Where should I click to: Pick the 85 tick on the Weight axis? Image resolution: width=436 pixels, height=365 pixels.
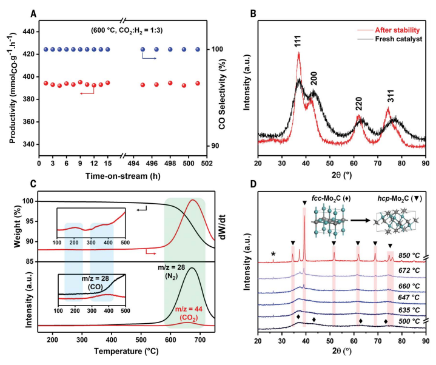(27, 262)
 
